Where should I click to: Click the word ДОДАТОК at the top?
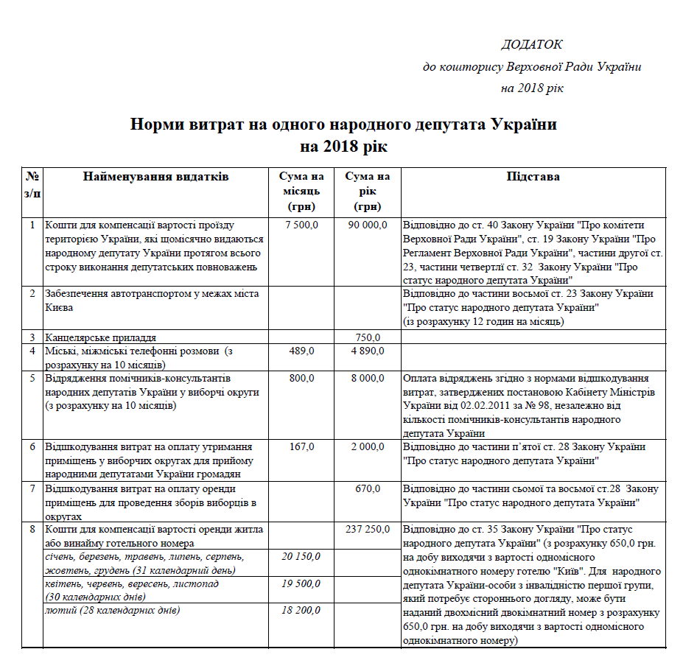tap(531, 45)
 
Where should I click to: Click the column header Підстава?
tap(533, 177)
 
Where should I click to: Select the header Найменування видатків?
tap(155, 177)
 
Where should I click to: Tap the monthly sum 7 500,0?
tap(301, 225)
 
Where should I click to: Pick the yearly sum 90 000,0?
tap(367, 225)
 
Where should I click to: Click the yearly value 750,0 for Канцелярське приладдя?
tap(368, 337)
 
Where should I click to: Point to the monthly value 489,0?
tap(301, 351)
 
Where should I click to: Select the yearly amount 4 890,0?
tap(368, 351)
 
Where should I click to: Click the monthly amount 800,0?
tap(301, 378)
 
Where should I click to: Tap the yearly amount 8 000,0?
tap(368, 378)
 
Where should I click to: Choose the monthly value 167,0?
tap(301, 446)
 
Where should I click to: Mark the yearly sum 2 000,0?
tap(368, 446)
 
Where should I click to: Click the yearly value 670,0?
tap(368, 488)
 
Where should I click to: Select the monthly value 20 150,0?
tap(301, 556)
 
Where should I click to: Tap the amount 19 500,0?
tap(301, 583)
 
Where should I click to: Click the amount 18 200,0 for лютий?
tap(301, 611)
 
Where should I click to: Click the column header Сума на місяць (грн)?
tap(301, 191)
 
